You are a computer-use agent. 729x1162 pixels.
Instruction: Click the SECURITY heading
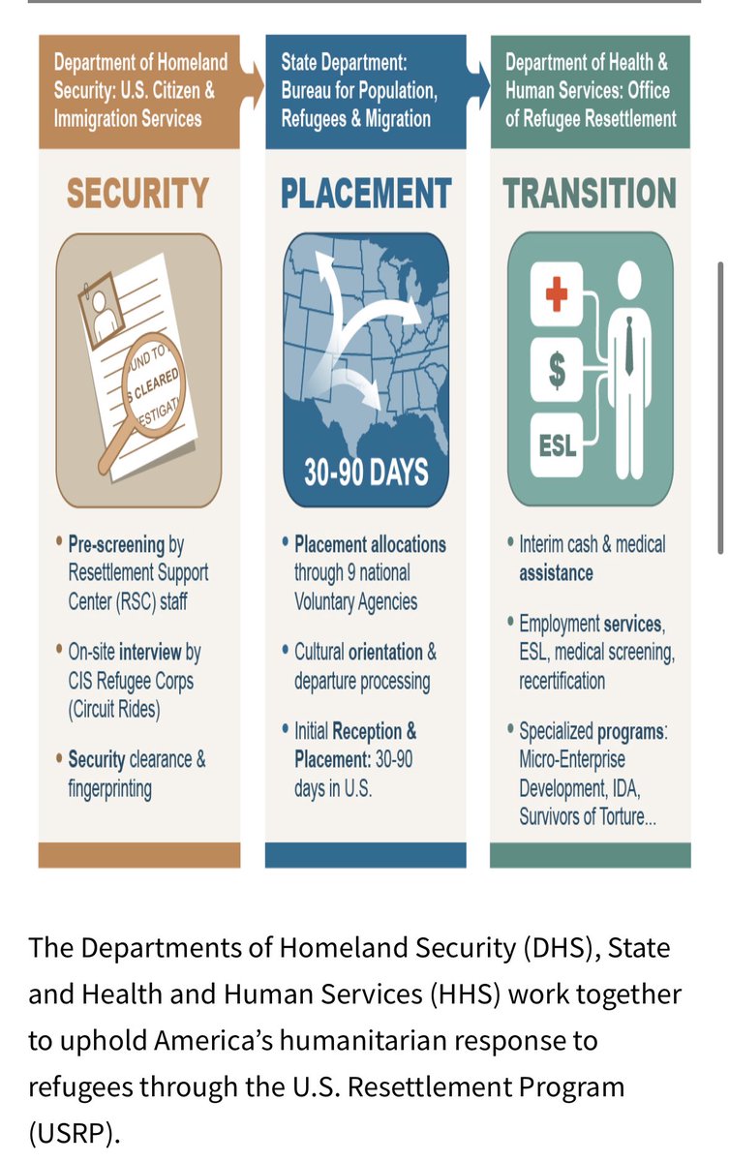[x=137, y=194]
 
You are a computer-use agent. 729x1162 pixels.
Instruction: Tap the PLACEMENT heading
[x=366, y=194]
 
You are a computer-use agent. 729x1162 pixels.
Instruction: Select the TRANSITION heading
[x=590, y=194]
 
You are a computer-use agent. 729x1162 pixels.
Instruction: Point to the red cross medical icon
[x=556, y=293]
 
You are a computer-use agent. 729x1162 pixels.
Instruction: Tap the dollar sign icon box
[x=556, y=369]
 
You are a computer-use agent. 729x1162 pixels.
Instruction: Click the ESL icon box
[x=556, y=444]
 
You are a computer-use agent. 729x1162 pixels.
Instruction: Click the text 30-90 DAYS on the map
[x=366, y=473]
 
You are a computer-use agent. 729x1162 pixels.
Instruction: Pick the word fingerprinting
[x=110, y=788]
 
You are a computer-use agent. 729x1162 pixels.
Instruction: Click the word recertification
[x=562, y=681]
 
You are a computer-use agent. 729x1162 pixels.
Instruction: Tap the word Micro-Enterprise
[x=572, y=759]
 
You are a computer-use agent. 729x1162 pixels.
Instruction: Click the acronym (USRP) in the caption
[x=74, y=1132]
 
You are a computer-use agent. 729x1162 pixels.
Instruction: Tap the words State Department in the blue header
[x=345, y=63]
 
